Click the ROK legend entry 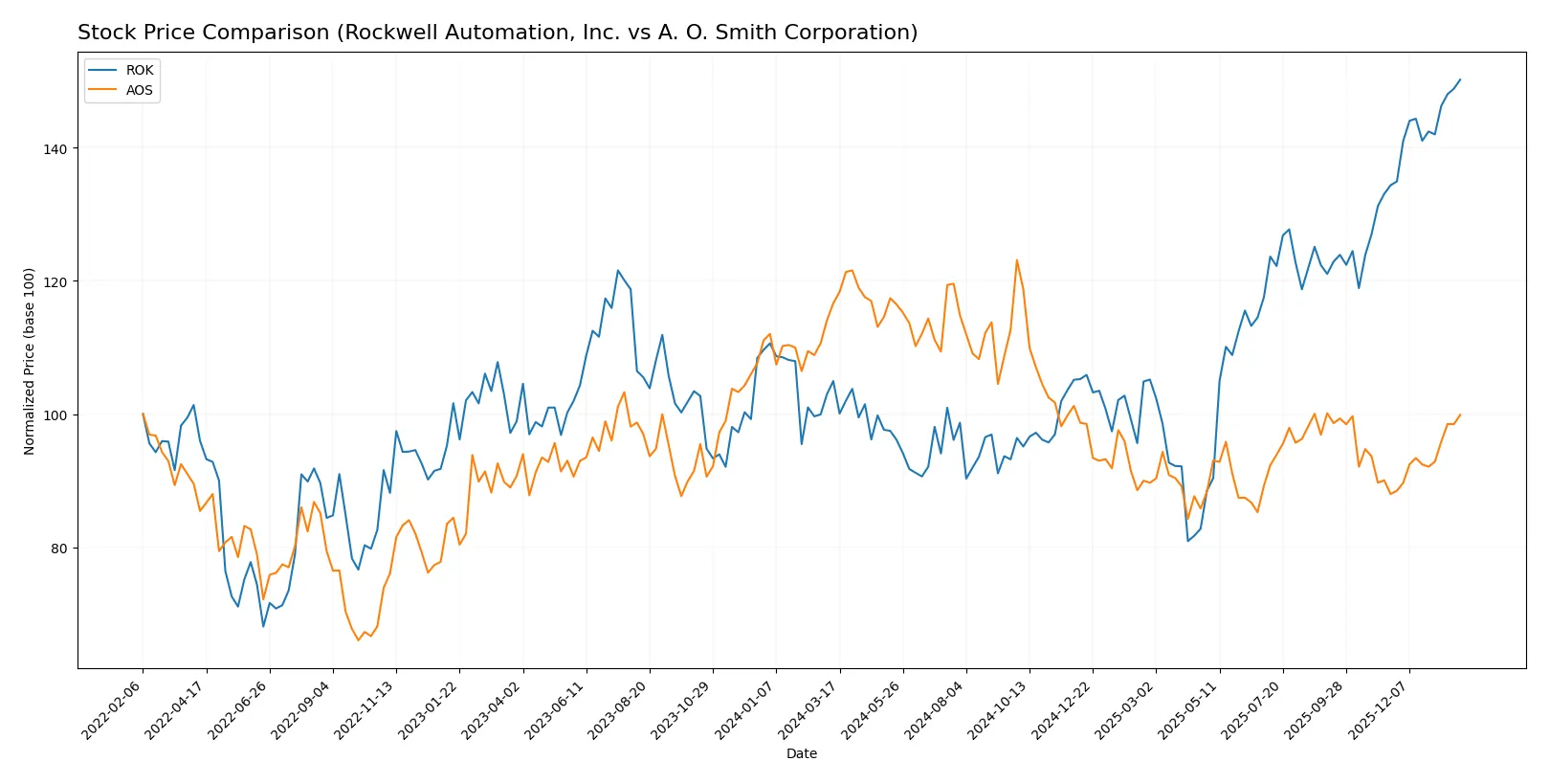[x=139, y=70]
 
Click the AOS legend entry [x=139, y=90]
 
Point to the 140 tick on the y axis [x=55, y=148]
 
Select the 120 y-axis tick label [x=55, y=281]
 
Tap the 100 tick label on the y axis [x=55, y=414]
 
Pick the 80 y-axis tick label [x=57, y=548]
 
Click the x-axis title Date [x=801, y=753]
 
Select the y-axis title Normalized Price [x=30, y=361]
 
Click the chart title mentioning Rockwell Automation [x=498, y=33]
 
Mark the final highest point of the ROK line [x=1460, y=79]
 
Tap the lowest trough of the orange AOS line [x=359, y=639]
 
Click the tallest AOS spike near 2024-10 [x=1016, y=259]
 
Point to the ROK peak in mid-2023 [x=617, y=270]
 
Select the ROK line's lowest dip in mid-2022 [x=263, y=626]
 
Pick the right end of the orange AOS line [x=1460, y=414]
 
